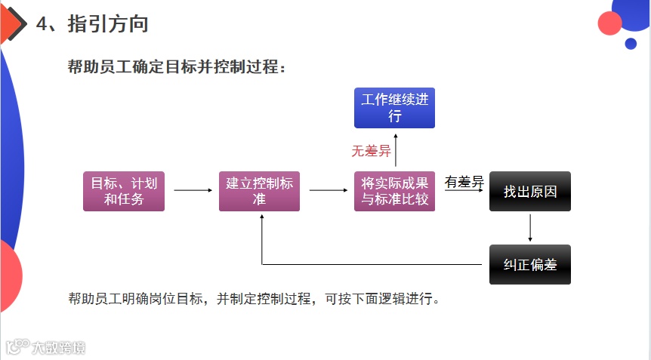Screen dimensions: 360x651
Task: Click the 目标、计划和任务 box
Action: (124, 191)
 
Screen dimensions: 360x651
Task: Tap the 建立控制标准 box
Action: (260, 191)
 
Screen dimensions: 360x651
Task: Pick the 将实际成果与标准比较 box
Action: (394, 191)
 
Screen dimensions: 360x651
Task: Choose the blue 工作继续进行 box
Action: (394, 108)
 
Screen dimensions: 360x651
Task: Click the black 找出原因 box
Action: (530, 191)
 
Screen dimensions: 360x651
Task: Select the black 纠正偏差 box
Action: (530, 264)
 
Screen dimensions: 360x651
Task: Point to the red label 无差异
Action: (371, 151)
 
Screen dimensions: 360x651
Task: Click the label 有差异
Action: (464, 182)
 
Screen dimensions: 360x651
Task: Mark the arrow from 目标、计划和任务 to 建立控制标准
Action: (193, 191)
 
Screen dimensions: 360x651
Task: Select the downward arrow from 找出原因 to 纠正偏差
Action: (530, 228)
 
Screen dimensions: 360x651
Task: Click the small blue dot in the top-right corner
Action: (631, 44)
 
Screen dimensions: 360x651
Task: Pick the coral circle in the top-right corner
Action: (609, 23)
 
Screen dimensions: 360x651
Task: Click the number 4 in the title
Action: (42, 24)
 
